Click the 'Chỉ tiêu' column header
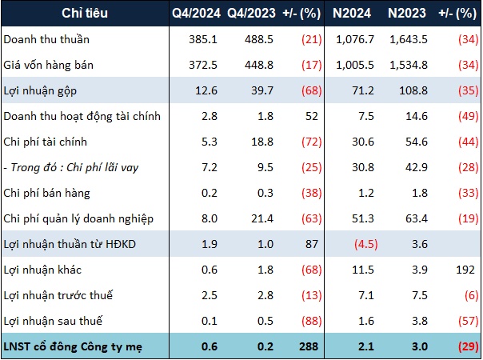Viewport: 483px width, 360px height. point(85,14)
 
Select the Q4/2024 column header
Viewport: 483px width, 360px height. point(196,14)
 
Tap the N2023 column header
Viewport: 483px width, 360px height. point(407,14)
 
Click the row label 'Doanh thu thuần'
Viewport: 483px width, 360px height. point(46,39)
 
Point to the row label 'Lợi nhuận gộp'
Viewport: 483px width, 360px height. point(40,91)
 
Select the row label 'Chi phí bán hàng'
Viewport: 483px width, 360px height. point(47,194)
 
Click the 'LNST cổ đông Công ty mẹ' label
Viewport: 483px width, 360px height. point(73,346)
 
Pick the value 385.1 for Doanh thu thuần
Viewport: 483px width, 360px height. point(203,39)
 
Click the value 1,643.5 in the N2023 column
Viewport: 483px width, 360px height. point(409,39)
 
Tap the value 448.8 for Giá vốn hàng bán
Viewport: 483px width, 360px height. point(259,65)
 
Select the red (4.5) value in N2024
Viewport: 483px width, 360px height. point(366,244)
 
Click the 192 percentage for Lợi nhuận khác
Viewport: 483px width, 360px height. point(465,270)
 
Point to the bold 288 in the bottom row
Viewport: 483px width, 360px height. point(309,346)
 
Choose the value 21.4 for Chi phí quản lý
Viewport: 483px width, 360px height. point(262,218)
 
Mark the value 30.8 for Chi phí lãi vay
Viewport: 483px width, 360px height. point(363,167)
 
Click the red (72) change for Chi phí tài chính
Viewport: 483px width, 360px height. point(312,142)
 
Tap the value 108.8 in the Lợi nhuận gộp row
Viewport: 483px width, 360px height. point(413,90)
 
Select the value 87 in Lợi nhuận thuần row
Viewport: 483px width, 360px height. point(312,244)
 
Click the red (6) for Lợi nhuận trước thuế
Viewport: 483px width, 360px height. point(471,295)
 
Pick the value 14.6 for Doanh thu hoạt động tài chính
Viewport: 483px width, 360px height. point(417,116)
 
